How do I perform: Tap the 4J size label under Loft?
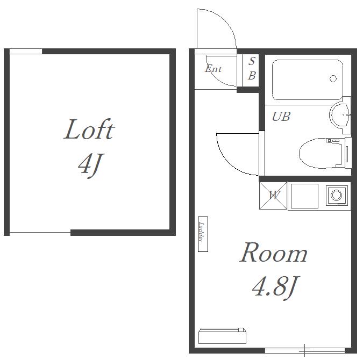click(x=90, y=165)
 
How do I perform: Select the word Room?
click(x=273, y=253)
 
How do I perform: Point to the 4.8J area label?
click(x=276, y=287)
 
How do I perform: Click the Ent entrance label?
click(x=213, y=69)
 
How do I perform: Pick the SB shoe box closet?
click(x=251, y=70)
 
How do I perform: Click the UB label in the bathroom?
click(x=281, y=117)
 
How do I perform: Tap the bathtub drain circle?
click(x=333, y=78)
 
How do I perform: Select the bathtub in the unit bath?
click(x=308, y=80)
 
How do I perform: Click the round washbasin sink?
click(x=340, y=115)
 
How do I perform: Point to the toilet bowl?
click(x=320, y=153)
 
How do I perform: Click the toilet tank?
click(x=348, y=153)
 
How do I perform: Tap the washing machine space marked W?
click(x=273, y=196)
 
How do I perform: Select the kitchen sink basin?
click(x=304, y=196)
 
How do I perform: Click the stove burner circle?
click(x=336, y=195)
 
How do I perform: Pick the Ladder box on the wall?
click(x=203, y=234)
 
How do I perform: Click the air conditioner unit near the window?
click(x=222, y=336)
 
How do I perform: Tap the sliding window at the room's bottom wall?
click(x=305, y=351)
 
